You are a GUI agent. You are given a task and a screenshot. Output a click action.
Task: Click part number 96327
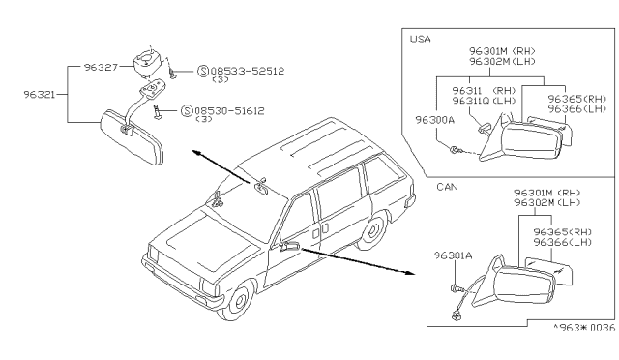101,67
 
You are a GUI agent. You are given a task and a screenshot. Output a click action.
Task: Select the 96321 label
40,95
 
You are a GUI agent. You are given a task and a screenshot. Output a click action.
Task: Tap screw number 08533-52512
248,72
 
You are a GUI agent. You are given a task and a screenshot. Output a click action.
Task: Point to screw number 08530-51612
229,111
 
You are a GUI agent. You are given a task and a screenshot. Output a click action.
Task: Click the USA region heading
420,39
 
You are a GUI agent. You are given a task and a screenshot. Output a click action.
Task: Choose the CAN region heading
447,187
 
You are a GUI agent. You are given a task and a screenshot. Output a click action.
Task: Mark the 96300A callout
434,120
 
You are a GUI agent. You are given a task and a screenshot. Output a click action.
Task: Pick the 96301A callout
454,255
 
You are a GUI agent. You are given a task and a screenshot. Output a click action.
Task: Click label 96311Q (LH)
484,101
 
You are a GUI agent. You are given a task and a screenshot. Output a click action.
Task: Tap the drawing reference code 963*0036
584,328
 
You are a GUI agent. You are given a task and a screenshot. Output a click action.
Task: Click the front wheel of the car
237,300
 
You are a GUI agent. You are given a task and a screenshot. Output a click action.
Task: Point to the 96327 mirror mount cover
146,63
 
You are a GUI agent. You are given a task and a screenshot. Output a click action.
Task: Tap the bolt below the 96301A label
456,288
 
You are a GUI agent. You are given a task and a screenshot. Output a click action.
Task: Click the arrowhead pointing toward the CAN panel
410,272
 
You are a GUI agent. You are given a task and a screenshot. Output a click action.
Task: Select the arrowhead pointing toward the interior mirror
197,153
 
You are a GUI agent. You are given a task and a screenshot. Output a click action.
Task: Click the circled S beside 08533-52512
203,72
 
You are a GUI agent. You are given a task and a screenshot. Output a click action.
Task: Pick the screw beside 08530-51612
159,112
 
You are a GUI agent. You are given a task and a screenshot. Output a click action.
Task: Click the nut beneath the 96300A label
455,150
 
